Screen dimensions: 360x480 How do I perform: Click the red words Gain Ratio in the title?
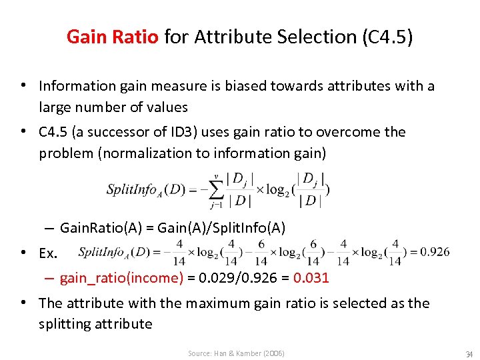pyautogui.click(x=112, y=37)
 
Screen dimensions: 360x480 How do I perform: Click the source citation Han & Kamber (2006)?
pyautogui.click(x=236, y=353)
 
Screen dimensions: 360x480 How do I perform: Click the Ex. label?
pyautogui.click(x=49, y=254)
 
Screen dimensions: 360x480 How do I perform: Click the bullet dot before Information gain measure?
pyautogui.click(x=23, y=86)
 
